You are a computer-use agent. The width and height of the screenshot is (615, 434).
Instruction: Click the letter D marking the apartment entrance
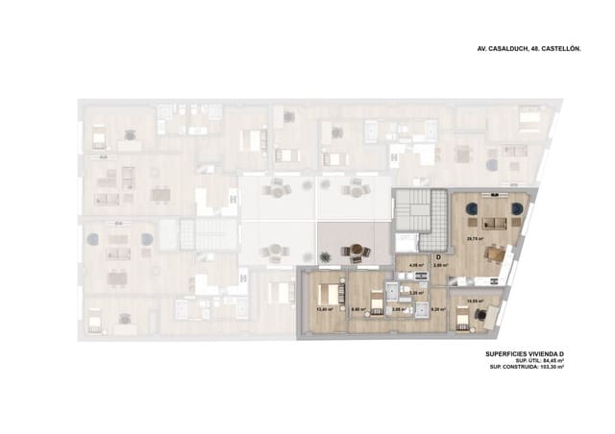438,257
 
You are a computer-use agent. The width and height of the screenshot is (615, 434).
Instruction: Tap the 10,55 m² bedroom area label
473,301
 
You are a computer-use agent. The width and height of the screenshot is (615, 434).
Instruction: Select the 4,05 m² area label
416,266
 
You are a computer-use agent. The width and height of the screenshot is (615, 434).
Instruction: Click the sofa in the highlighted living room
496,224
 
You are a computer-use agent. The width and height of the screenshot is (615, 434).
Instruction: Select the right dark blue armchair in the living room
516,206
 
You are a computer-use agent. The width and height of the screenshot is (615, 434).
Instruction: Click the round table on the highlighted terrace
357,251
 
